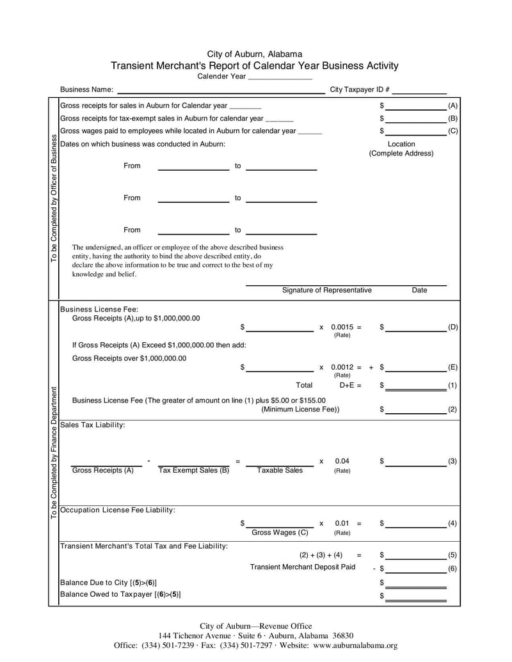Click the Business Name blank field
click(x=221, y=90)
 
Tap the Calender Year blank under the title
click(x=280, y=77)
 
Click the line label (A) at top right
click(x=452, y=105)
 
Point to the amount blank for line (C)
click(x=415, y=131)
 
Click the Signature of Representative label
click(x=326, y=290)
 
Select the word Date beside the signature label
click(x=419, y=290)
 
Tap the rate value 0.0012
click(x=343, y=368)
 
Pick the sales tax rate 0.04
click(x=342, y=461)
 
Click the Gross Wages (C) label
click(x=280, y=532)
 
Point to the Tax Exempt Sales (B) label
click(x=193, y=470)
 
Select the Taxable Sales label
click(x=280, y=470)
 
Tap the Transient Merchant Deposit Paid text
click(x=302, y=567)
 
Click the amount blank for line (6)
click(x=415, y=568)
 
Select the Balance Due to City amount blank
click(x=415, y=583)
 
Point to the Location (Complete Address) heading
click(x=401, y=149)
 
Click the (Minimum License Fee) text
click(x=300, y=409)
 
